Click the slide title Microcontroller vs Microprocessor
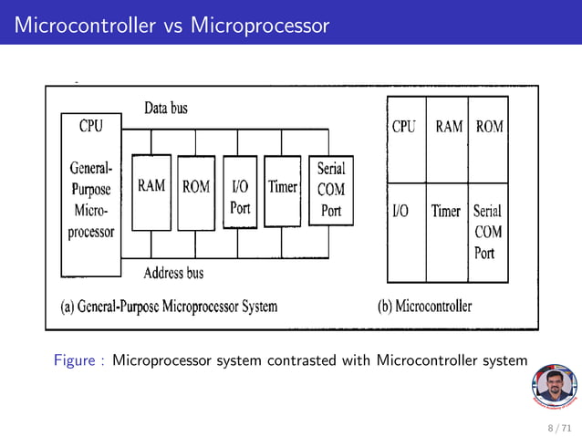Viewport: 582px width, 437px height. [x=171, y=25]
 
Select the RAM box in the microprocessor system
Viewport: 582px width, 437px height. [x=151, y=192]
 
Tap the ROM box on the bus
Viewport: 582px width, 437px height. [x=196, y=192]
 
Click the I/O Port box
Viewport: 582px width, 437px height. [x=240, y=193]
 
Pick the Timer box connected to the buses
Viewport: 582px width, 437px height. [x=282, y=192]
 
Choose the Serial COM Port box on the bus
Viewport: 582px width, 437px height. [x=330, y=192]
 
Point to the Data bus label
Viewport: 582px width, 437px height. [x=166, y=109]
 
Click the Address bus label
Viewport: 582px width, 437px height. [x=173, y=273]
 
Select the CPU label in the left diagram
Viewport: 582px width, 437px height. [x=91, y=127]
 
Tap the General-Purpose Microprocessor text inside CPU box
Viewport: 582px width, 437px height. [x=91, y=200]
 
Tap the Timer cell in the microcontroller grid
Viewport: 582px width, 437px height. [x=446, y=211]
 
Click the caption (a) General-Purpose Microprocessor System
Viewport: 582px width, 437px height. [x=169, y=307]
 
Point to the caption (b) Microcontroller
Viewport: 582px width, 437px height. [x=425, y=307]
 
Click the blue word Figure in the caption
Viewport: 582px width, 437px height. [x=77, y=360]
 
